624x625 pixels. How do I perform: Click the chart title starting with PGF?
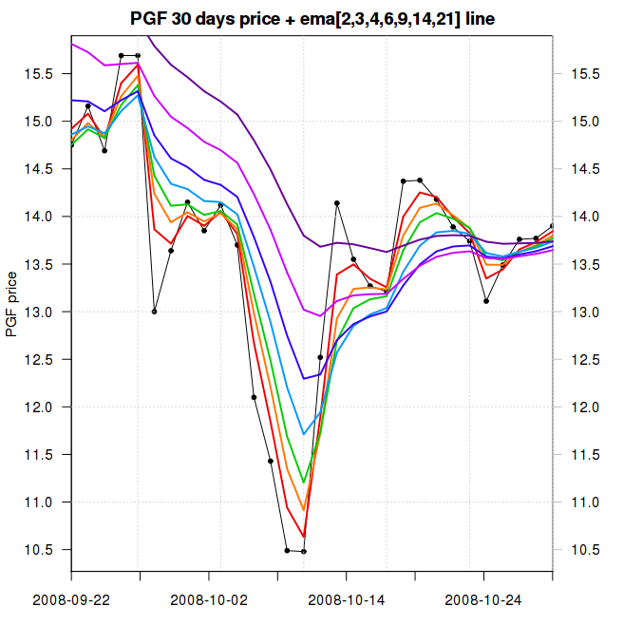tap(312, 19)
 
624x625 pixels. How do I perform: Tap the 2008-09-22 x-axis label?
tap(71, 599)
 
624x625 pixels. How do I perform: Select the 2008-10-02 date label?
tap(209, 599)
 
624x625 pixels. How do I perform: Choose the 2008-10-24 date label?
tap(483, 599)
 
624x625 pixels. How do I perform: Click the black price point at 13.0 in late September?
tap(155, 312)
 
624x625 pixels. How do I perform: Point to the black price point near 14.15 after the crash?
tap(337, 203)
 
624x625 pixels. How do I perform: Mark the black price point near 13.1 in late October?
tap(486, 301)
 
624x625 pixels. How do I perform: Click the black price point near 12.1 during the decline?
tap(254, 397)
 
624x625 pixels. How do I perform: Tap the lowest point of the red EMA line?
tap(304, 538)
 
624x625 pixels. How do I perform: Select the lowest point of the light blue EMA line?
tap(304, 434)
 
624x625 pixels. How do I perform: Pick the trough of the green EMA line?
tap(304, 483)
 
